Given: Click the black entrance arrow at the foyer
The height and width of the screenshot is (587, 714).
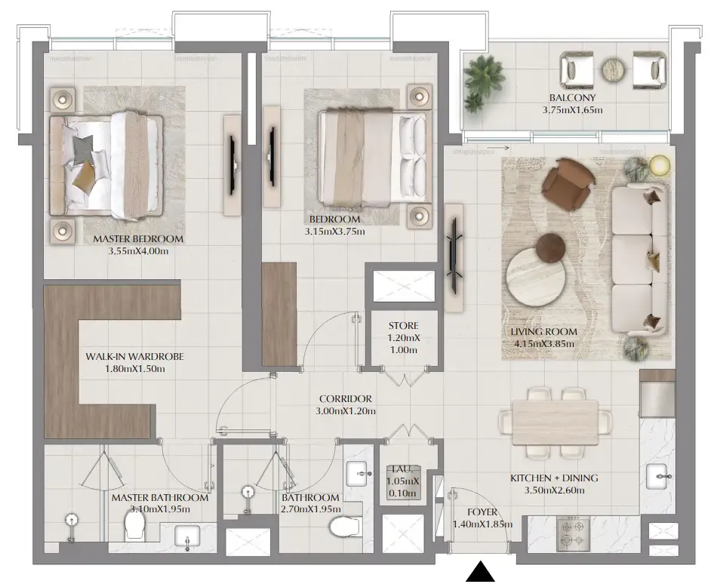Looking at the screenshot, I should [x=480, y=572].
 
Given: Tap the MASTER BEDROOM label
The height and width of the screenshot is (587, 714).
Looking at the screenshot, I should [x=138, y=239].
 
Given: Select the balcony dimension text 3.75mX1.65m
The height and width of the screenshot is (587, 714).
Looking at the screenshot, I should [x=572, y=110].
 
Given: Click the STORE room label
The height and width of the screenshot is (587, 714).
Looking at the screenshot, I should [x=404, y=326].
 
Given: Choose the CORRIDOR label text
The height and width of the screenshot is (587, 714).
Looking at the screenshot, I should [x=346, y=399].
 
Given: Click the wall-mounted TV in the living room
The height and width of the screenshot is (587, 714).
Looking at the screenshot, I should [x=454, y=257].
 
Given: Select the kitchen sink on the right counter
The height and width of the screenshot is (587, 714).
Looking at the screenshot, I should [x=657, y=475].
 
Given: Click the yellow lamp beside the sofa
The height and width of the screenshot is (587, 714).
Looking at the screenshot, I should [x=659, y=164].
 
